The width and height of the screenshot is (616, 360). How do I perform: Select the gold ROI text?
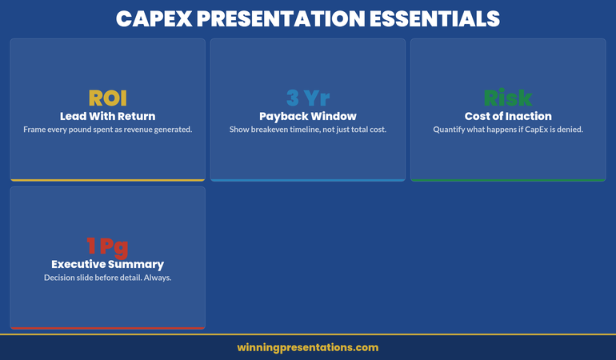[107, 98]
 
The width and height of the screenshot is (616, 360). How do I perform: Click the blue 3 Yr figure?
[308, 98]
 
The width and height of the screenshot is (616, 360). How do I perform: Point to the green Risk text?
[508, 98]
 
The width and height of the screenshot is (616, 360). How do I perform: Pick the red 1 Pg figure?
[107, 246]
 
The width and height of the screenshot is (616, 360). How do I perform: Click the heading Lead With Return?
[107, 116]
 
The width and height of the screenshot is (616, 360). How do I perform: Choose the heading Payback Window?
[308, 116]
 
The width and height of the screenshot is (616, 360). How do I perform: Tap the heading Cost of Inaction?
[508, 116]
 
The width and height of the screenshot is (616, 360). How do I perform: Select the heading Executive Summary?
[107, 264]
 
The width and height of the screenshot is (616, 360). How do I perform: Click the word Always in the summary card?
[157, 278]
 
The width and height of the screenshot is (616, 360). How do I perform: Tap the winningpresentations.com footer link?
[308, 348]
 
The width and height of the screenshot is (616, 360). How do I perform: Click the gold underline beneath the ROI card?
[107, 180]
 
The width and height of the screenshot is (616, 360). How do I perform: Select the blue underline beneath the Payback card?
[308, 180]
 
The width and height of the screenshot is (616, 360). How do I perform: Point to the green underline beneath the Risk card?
[508, 180]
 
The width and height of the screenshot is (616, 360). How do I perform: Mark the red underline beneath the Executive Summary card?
[107, 328]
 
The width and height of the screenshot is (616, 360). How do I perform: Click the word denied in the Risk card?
[567, 130]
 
